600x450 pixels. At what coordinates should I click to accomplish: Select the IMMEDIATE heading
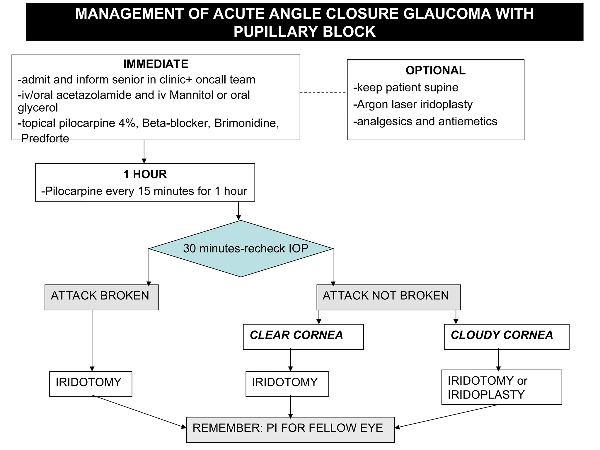[156, 64]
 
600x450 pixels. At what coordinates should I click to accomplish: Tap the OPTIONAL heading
[435, 71]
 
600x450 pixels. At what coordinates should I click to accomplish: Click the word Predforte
[45, 139]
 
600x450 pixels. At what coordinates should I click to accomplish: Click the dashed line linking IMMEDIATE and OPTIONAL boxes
[323, 93]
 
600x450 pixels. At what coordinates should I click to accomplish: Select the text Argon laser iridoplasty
[415, 105]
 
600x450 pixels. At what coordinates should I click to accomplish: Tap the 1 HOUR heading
[145, 174]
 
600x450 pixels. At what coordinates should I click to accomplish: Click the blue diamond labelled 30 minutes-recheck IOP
[241, 248]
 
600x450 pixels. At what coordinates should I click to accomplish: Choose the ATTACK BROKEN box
[101, 297]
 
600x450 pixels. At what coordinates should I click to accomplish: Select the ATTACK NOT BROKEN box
[388, 297]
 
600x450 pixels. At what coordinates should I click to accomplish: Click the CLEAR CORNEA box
[303, 336]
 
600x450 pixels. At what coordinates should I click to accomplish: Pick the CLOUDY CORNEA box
[506, 336]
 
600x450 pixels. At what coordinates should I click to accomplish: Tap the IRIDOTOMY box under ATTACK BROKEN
[91, 383]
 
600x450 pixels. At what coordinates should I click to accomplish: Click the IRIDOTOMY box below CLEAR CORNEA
[287, 383]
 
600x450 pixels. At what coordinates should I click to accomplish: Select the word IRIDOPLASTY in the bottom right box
[486, 395]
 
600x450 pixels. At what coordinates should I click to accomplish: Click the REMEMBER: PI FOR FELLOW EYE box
[290, 429]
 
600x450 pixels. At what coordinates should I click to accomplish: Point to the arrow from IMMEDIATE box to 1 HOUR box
[144, 151]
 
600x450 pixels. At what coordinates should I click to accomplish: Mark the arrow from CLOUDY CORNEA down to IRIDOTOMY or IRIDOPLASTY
[498, 360]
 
